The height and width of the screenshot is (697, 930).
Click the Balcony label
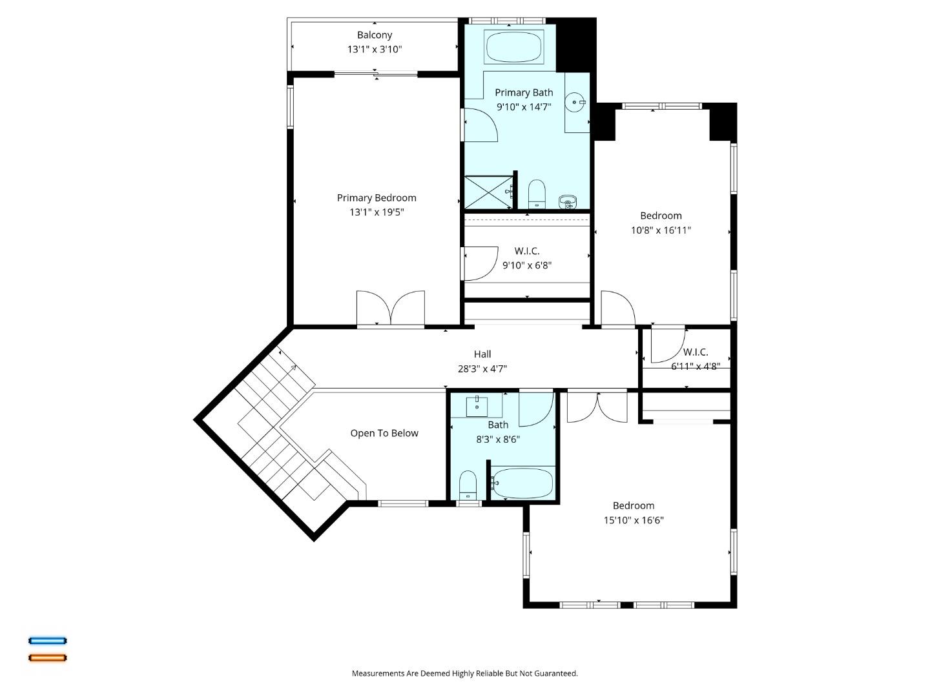click(x=375, y=35)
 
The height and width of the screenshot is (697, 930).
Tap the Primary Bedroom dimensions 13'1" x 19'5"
click(x=377, y=212)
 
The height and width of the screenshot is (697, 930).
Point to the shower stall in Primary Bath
click(x=488, y=192)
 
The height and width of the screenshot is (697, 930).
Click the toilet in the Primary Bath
click(x=537, y=194)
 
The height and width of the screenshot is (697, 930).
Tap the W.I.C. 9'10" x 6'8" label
click(x=527, y=258)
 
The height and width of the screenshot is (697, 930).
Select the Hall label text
click(x=482, y=354)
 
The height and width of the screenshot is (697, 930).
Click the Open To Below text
click(x=384, y=433)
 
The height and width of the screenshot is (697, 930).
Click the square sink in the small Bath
click(x=477, y=407)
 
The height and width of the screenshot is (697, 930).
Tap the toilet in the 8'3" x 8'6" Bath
click(x=468, y=485)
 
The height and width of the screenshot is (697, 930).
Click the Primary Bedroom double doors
click(x=391, y=309)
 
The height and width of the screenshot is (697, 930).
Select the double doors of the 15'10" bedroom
click(x=597, y=407)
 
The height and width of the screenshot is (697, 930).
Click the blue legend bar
click(x=47, y=641)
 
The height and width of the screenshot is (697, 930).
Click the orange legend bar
click(x=47, y=658)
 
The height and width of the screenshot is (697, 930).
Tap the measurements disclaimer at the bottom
click(x=464, y=673)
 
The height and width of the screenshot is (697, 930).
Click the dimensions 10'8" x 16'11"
click(x=661, y=230)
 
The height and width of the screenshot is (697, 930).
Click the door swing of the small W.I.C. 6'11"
click(x=667, y=346)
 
